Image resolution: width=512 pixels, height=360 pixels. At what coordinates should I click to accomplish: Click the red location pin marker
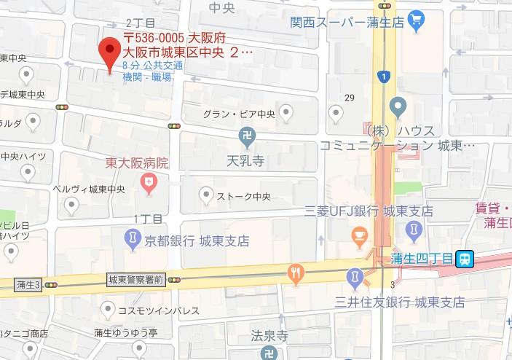tap(109, 51)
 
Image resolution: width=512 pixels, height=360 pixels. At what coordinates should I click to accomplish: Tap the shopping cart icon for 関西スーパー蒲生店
tap(417, 17)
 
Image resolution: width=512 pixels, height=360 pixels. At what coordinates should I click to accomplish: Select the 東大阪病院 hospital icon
tap(150, 182)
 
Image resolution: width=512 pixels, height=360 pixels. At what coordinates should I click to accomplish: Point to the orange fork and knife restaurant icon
tap(295, 273)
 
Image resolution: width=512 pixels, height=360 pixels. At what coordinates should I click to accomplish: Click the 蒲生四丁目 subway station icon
tap(465, 258)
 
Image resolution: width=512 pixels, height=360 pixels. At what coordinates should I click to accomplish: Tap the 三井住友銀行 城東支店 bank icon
tap(354, 277)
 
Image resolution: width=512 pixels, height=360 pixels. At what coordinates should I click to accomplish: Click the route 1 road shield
tap(383, 76)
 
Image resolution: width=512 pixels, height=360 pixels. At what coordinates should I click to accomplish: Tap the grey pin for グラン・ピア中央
tap(286, 112)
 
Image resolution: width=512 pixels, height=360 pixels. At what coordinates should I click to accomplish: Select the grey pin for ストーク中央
tap(206, 195)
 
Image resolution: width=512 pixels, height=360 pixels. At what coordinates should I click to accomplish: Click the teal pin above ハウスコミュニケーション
tap(398, 107)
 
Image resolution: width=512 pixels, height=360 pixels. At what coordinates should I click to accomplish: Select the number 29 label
tap(349, 98)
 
